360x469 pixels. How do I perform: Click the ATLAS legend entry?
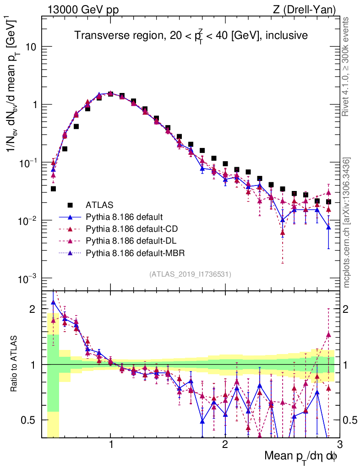tap(98, 204)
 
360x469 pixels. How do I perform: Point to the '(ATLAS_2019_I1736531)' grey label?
tap(190, 274)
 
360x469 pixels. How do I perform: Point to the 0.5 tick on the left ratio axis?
tap(31, 420)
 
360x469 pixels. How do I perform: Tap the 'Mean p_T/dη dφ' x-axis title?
tap(301, 457)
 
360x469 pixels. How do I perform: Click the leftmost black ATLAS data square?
tap(53, 189)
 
